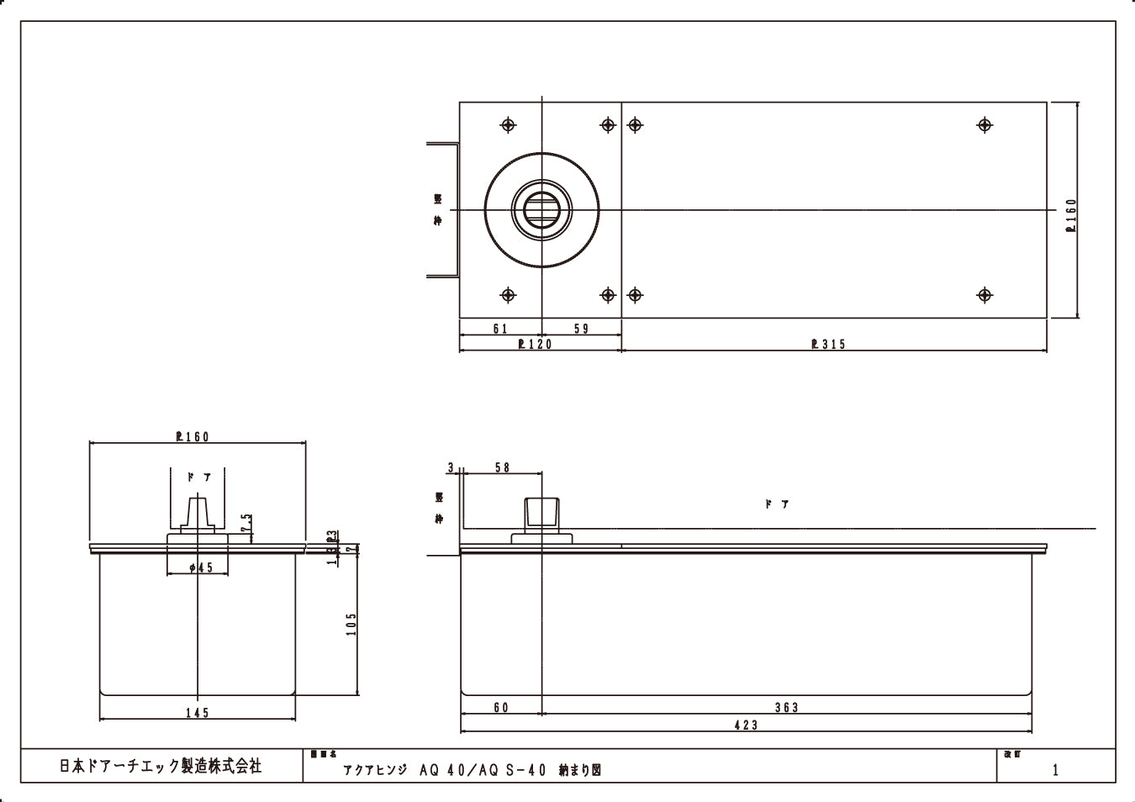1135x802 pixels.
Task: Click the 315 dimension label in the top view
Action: click(x=829, y=344)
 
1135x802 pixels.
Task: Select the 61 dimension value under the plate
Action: click(x=500, y=329)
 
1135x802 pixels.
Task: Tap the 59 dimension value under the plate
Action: click(x=582, y=329)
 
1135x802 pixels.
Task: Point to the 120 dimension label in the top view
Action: click(x=536, y=344)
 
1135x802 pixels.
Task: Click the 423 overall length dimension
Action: click(x=746, y=725)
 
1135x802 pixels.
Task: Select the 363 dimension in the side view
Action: click(x=786, y=708)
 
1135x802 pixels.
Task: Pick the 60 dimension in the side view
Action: click(x=501, y=708)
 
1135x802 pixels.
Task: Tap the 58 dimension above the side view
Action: click(x=502, y=467)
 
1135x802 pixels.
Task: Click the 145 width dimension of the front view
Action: click(x=197, y=713)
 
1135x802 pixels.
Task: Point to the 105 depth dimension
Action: click(x=351, y=624)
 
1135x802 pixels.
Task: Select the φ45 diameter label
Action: click(x=201, y=568)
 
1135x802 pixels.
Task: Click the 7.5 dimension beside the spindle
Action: click(x=245, y=523)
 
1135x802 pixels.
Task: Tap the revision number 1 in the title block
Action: click(x=1055, y=769)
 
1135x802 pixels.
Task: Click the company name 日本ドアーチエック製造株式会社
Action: click(x=161, y=766)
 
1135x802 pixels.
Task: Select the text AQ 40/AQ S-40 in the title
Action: click(x=482, y=769)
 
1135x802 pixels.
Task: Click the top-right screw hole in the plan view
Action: click(x=985, y=125)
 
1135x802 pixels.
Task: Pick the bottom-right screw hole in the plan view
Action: click(x=985, y=295)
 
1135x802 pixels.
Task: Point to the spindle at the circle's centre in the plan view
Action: click(x=541, y=209)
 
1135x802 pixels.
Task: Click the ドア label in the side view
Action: click(x=777, y=504)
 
